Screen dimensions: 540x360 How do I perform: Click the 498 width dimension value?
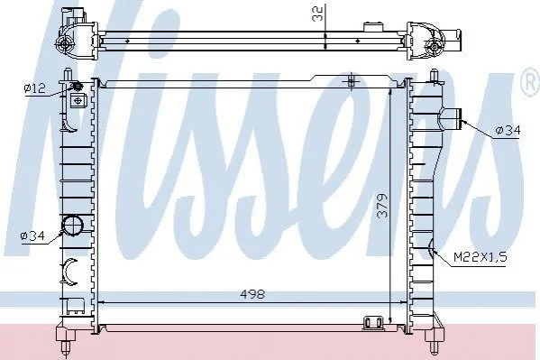[252, 294]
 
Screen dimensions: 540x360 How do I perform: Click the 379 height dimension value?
[382, 206]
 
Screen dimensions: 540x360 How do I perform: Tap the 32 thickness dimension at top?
[317, 14]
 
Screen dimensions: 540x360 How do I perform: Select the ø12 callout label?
[34, 88]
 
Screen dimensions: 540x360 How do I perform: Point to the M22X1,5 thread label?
[481, 257]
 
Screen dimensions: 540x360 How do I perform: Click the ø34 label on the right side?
[508, 130]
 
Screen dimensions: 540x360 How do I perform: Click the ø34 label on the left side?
[32, 236]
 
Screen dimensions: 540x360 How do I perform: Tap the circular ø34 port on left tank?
[73, 226]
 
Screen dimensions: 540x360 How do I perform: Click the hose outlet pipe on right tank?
[450, 119]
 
